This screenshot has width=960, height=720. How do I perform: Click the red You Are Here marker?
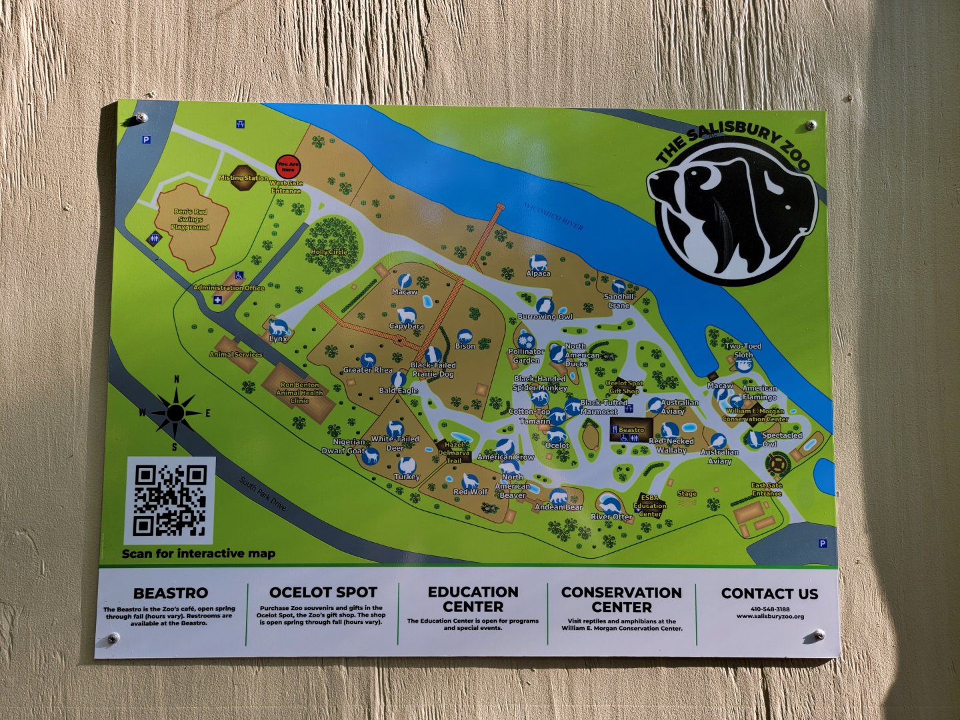click(288, 167)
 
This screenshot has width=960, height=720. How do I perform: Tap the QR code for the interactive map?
click(170, 501)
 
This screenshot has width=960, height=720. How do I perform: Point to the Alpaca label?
click(538, 273)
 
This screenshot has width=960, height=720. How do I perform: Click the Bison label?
click(465, 346)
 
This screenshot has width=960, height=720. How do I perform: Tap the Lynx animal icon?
click(279, 328)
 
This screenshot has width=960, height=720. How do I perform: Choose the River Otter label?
click(611, 517)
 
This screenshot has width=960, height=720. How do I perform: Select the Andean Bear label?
click(558, 507)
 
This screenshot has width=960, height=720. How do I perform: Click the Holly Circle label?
click(329, 252)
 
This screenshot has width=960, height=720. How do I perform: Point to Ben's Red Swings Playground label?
click(190, 219)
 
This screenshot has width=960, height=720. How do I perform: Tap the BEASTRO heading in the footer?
click(171, 593)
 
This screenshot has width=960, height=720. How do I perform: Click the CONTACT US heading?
click(769, 593)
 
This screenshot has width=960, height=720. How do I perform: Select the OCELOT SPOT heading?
click(323, 592)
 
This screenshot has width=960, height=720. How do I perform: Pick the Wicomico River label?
click(553, 215)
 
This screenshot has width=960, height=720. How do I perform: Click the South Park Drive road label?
click(263, 494)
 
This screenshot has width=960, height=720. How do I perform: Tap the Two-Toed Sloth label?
click(743, 351)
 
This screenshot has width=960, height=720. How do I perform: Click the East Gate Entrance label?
click(767, 489)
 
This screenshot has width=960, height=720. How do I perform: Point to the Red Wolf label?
click(471, 492)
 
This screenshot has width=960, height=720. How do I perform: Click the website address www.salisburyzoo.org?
click(770, 617)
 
